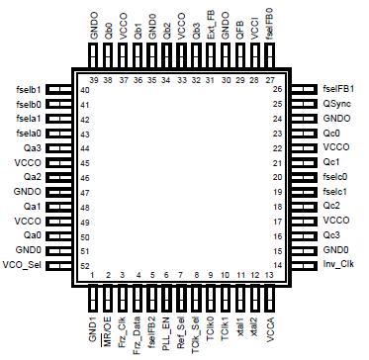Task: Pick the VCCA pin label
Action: [x=269, y=322]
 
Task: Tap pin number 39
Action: [x=94, y=78]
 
